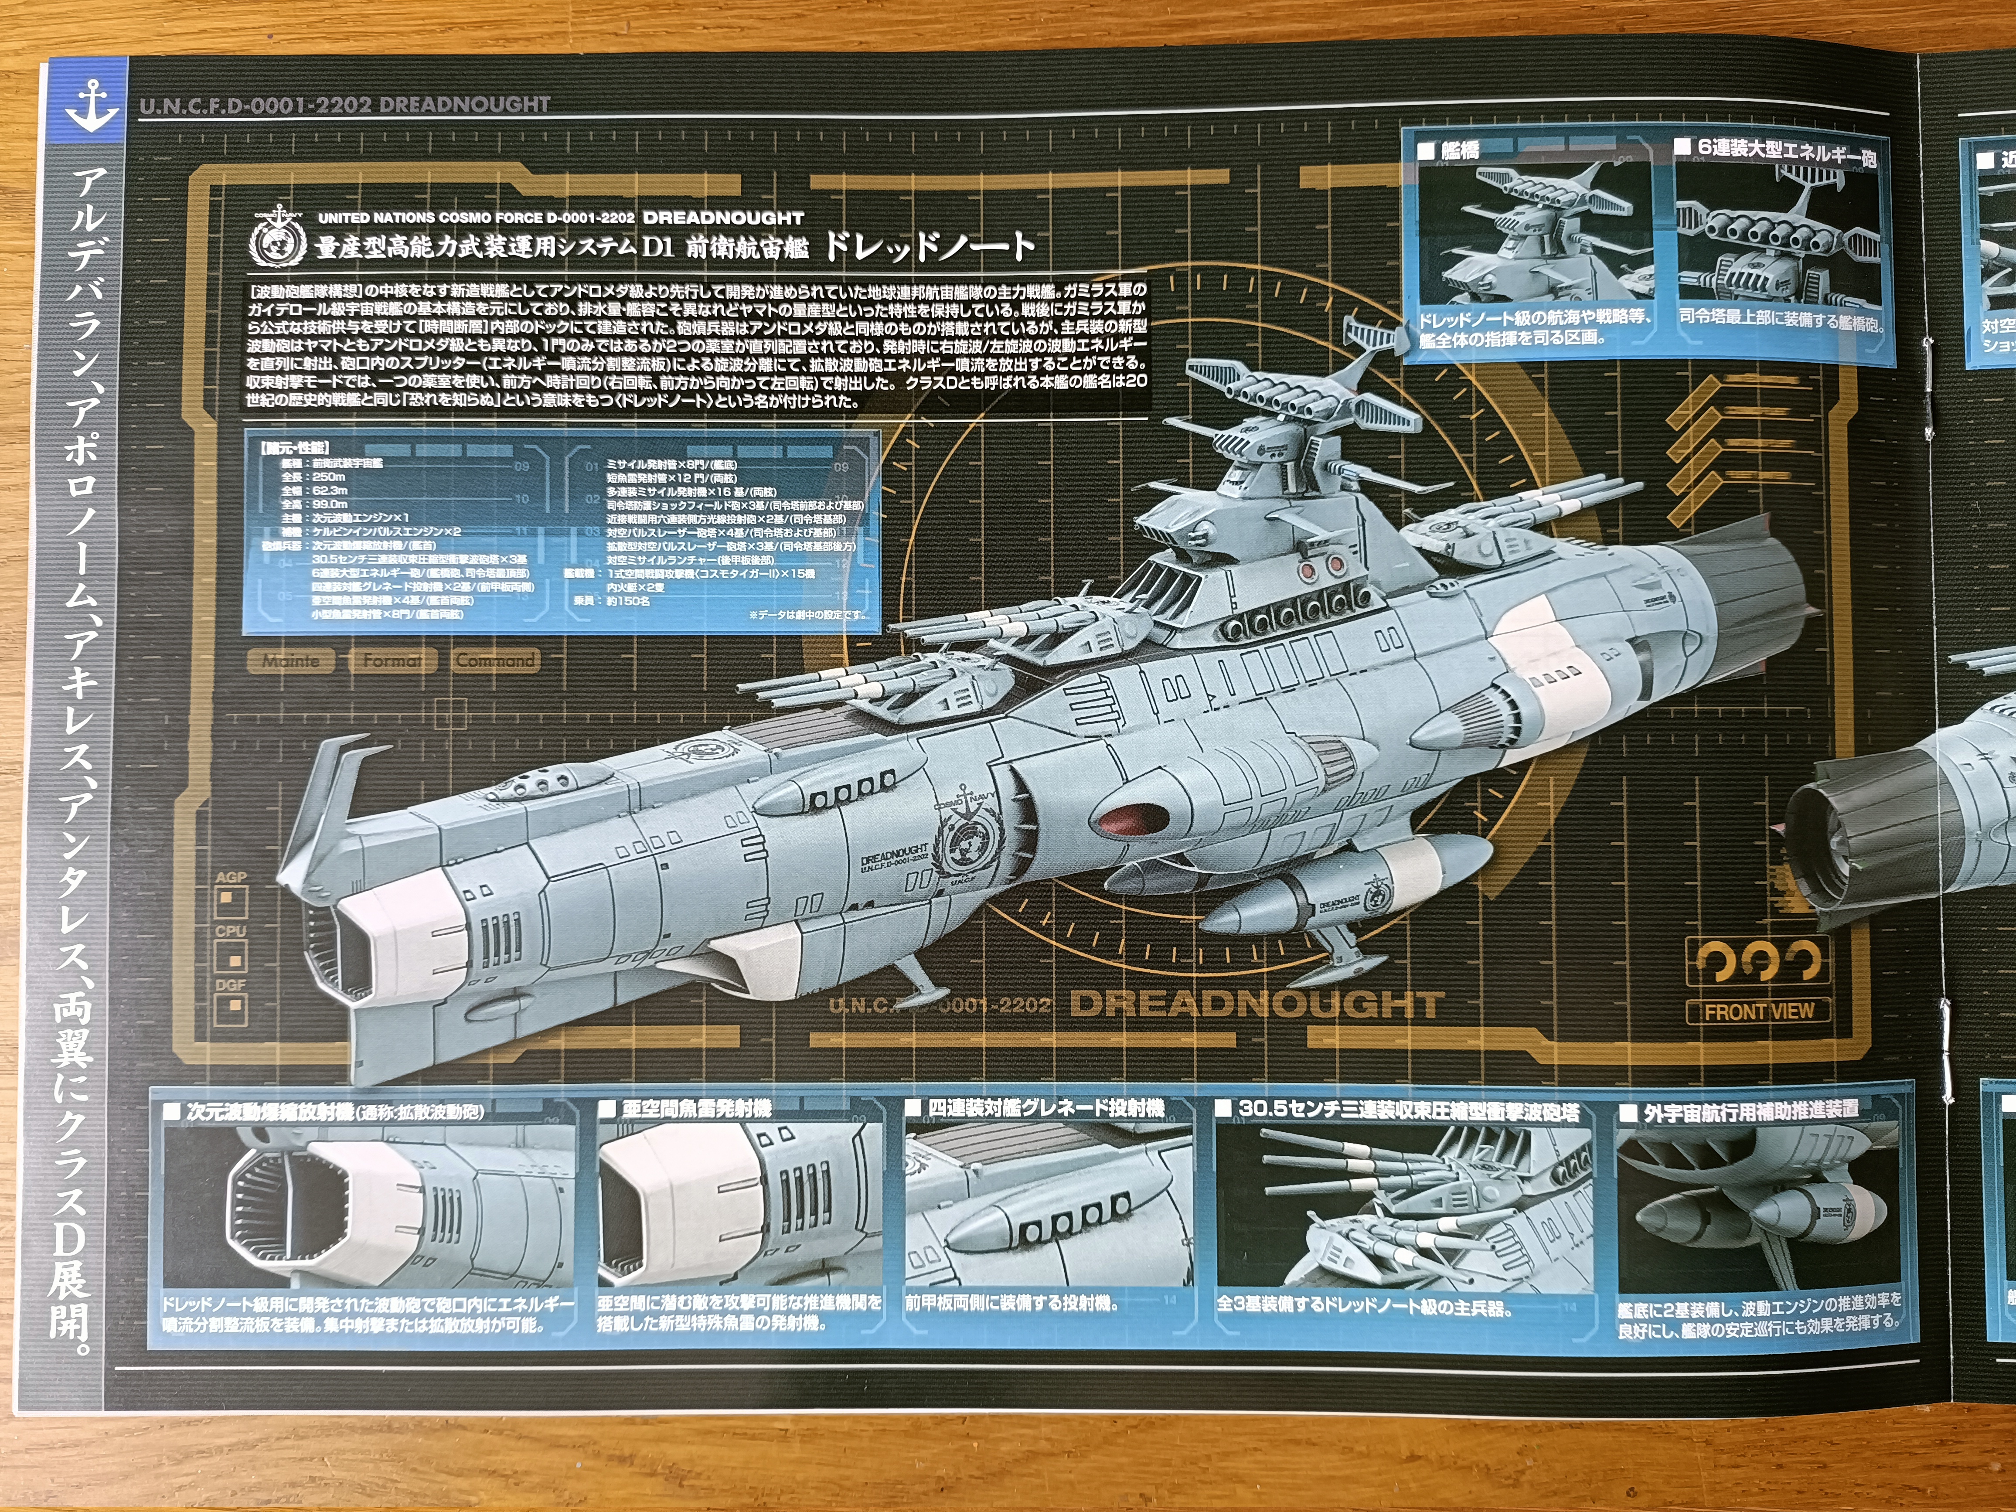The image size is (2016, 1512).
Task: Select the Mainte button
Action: click(x=291, y=661)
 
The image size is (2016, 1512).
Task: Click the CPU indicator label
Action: click(x=231, y=931)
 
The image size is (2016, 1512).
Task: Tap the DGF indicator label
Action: click(x=231, y=985)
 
